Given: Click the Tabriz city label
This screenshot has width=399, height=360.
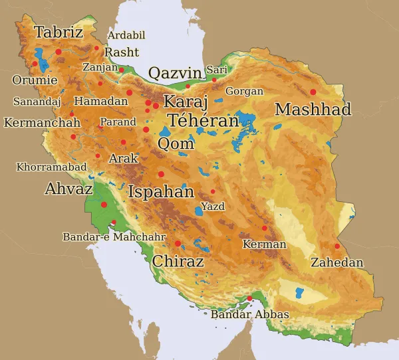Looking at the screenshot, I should pos(59,32).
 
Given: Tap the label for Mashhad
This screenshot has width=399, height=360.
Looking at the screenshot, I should pos(313,110).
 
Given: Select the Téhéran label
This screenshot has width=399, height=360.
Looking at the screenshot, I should pos(203,121).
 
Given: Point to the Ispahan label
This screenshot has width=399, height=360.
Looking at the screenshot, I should pos(161,193).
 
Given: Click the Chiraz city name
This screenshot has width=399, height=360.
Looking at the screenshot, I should pos(178,261).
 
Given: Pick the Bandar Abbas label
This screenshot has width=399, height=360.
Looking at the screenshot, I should pos(249,314).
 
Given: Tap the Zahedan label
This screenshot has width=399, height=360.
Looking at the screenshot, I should pos(337,263).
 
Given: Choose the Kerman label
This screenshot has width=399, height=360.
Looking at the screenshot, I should pos(264,244).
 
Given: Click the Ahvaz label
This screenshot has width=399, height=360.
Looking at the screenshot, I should pos(68,189).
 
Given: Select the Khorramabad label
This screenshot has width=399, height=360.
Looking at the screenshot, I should pos(51,167).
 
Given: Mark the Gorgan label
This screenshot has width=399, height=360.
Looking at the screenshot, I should pos(244,91).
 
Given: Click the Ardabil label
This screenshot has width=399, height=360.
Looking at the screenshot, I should pos(126,35).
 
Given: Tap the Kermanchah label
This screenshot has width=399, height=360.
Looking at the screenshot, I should pos(42,123).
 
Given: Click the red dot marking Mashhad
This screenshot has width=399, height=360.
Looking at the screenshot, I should pos(313,92).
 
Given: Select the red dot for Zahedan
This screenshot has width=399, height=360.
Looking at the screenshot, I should pos(337,246).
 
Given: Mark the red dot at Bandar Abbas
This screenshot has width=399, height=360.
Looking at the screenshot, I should pos(249,299).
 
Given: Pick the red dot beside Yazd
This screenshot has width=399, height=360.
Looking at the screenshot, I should pos(213,192).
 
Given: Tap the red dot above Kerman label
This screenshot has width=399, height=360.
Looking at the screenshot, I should pos(264,228).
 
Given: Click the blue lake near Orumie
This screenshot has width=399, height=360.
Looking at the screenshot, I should pos(42,60).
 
